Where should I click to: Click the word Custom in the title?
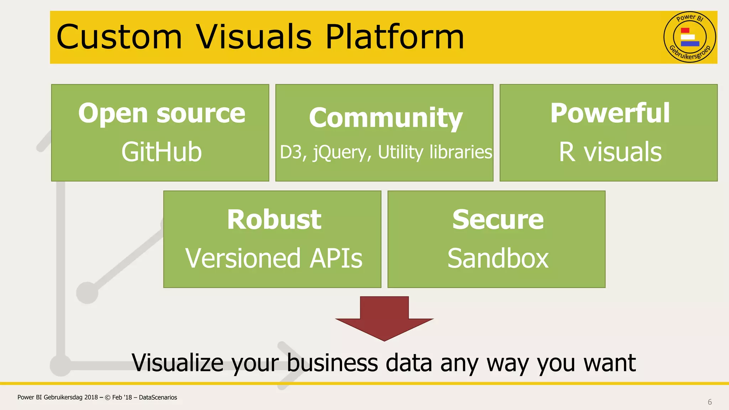(x=119, y=37)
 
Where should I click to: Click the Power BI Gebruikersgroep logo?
(x=689, y=37)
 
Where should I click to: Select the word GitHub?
(x=162, y=152)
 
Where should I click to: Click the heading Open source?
(x=162, y=113)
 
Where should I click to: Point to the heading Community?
(x=386, y=118)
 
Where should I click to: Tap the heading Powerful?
(x=610, y=113)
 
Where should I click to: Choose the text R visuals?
(x=610, y=152)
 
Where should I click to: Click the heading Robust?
(x=274, y=220)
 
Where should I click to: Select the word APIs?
(x=336, y=258)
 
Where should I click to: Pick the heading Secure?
(x=498, y=220)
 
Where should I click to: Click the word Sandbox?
(x=498, y=258)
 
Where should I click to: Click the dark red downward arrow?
(x=384, y=319)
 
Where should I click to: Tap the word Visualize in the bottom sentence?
(x=177, y=363)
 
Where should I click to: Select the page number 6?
(x=709, y=402)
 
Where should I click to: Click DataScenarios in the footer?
(x=158, y=398)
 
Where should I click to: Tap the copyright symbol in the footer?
(x=107, y=398)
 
